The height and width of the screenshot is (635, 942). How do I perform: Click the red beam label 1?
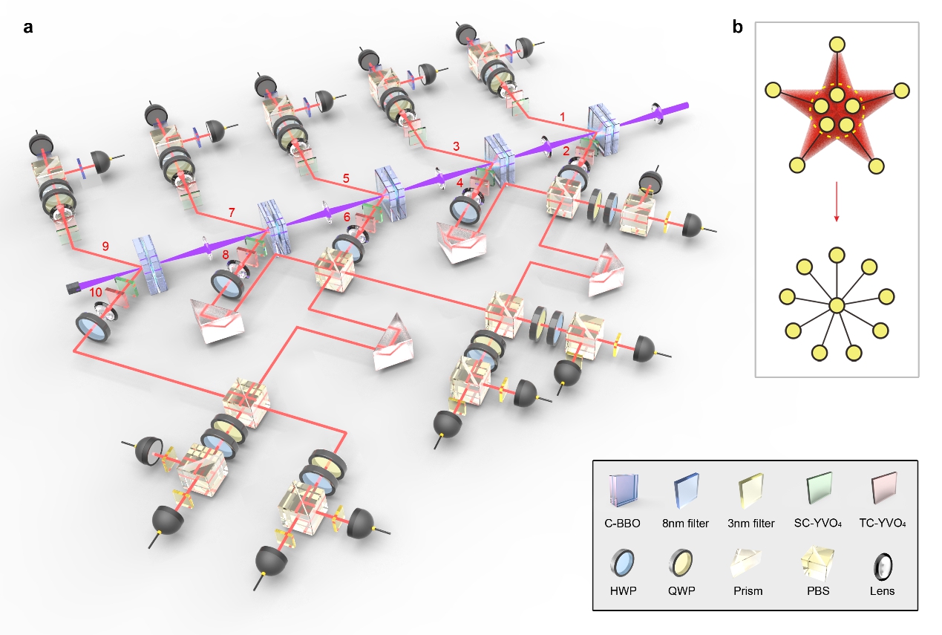(x=563, y=117)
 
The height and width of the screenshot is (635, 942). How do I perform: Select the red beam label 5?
(x=345, y=178)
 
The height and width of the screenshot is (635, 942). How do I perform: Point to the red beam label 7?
(x=232, y=213)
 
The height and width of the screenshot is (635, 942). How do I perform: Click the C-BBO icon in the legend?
(x=621, y=492)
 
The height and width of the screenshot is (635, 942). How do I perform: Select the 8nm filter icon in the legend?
(x=687, y=492)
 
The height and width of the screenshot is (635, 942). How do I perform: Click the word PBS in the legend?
(x=819, y=591)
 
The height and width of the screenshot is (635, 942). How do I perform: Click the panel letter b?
(x=738, y=28)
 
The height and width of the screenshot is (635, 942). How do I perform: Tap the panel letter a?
(x=27, y=28)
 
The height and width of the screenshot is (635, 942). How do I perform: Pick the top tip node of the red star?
(x=837, y=44)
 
